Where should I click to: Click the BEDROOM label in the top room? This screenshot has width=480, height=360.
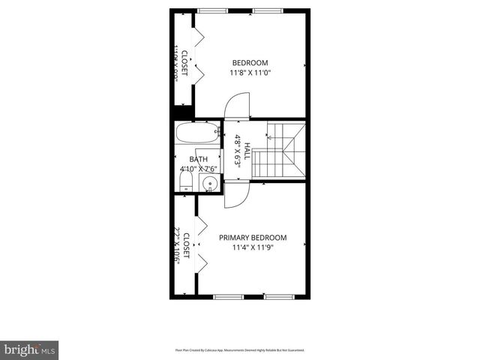(x=250, y=63)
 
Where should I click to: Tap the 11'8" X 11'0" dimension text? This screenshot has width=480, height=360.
(x=250, y=73)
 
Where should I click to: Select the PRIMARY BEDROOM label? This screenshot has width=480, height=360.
(x=252, y=238)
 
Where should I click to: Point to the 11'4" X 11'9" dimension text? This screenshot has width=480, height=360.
(x=252, y=247)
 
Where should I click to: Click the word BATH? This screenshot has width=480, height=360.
(x=198, y=159)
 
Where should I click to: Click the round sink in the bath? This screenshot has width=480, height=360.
(x=211, y=183)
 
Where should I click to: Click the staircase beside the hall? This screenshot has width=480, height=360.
(x=279, y=152)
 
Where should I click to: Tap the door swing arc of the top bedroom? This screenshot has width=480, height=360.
(x=238, y=105)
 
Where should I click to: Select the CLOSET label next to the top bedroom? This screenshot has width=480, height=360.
(x=184, y=59)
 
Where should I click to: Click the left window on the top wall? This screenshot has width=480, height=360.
(x=211, y=10)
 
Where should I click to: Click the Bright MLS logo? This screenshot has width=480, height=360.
(x=30, y=349)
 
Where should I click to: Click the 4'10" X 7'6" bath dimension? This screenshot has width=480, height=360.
(x=198, y=169)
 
